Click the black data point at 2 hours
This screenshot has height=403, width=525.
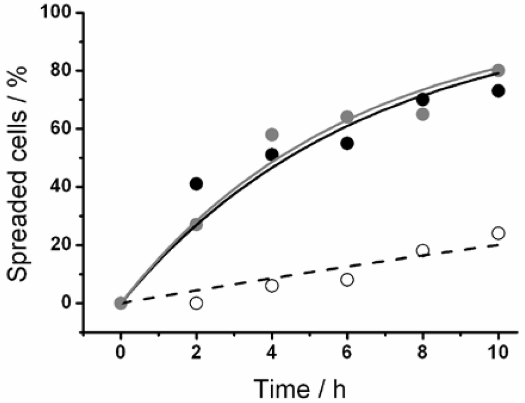pos(196,184)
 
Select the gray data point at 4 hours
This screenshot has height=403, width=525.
pos(272,135)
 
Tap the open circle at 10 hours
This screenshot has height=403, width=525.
pos(498,233)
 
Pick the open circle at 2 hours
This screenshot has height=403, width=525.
pos(196,303)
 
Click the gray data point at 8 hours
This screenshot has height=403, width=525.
pos(423,114)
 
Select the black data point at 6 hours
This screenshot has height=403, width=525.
pos(347,143)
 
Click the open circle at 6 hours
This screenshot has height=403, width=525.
pos(347,280)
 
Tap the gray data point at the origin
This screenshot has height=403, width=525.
pos(120,303)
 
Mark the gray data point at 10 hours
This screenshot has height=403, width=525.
pos(498,70)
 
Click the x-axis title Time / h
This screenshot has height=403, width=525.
pos(301,389)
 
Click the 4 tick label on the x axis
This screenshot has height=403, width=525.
pos(272,354)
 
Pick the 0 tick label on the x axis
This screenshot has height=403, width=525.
pos(120,354)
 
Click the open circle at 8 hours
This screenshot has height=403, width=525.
pos(423,251)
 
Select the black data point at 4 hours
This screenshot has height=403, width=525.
pos(272,155)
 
